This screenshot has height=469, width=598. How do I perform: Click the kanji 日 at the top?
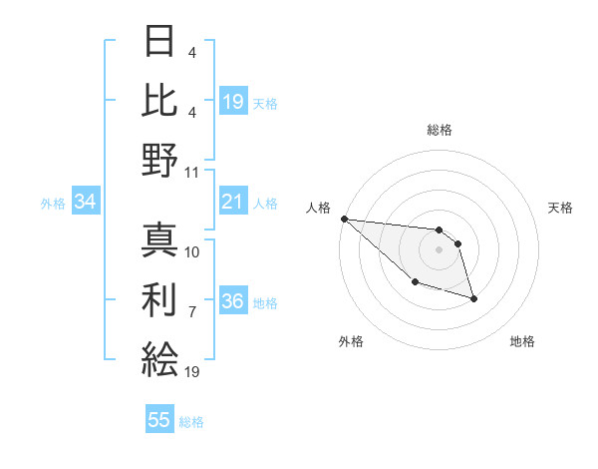pyautogui.click(x=159, y=43)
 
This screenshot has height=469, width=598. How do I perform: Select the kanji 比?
pyautogui.click(x=159, y=101)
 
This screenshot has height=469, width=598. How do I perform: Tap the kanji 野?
pyautogui.click(x=159, y=160)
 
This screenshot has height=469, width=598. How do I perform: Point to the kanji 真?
pyautogui.click(x=159, y=239)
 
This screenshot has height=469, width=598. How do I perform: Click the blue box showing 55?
pyautogui.click(x=159, y=420)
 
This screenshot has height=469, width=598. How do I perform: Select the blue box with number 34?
pyautogui.click(x=86, y=203)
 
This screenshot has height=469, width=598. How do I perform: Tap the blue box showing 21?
pyautogui.click(x=232, y=203)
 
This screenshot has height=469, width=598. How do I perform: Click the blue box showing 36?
pyautogui.click(x=232, y=302)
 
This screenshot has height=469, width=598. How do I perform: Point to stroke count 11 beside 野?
pyautogui.click(x=192, y=172)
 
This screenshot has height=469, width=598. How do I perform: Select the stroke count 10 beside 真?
pyautogui.click(x=192, y=251)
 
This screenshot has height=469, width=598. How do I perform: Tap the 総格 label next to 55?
pyautogui.click(x=191, y=422)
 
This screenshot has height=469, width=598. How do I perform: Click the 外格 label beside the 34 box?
pyautogui.click(x=53, y=204)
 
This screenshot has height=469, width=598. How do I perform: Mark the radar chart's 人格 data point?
pyautogui.click(x=344, y=219)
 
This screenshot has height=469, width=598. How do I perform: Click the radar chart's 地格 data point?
pyautogui.click(x=473, y=298)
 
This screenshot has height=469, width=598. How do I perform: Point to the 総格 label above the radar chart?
pyautogui.click(x=439, y=130)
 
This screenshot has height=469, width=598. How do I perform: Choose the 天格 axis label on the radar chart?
pyautogui.click(x=561, y=208)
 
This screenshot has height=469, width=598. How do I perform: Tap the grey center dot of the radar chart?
pyautogui.click(x=439, y=249)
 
